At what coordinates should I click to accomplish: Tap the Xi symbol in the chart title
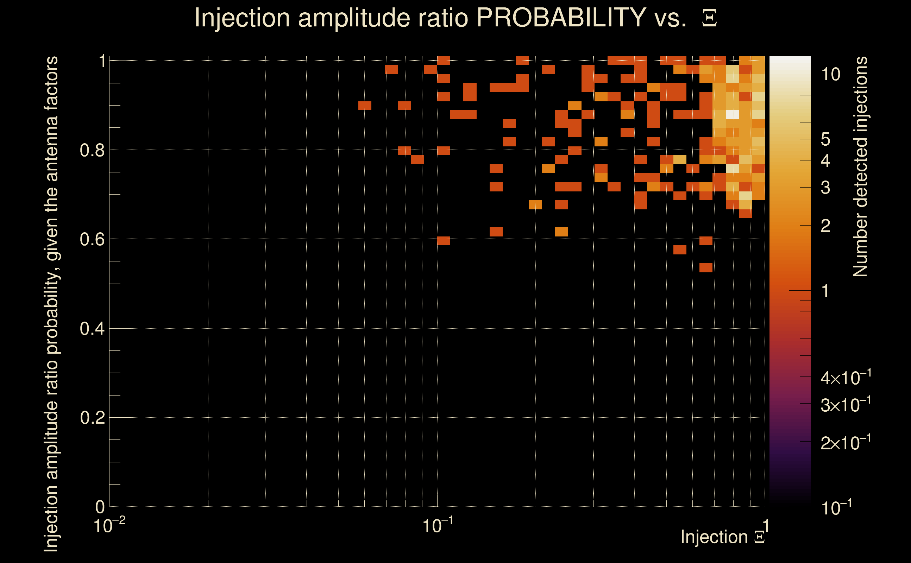(x=709, y=18)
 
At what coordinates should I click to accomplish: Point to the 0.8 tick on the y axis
(x=92, y=151)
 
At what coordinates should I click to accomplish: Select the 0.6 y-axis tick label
(x=92, y=239)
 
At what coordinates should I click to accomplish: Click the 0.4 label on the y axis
(x=92, y=329)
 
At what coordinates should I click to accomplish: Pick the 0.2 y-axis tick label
(x=92, y=418)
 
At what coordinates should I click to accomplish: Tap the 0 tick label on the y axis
(x=100, y=507)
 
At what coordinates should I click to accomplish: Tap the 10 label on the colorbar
(x=830, y=75)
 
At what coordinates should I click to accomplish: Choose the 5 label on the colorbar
(x=825, y=140)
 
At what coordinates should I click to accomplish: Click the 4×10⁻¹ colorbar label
(x=846, y=378)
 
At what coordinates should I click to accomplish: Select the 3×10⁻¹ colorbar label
(x=846, y=405)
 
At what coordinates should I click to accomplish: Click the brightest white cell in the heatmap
(x=732, y=115)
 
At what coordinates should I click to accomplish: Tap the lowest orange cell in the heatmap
(x=706, y=268)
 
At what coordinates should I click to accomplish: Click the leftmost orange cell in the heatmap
(x=365, y=106)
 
